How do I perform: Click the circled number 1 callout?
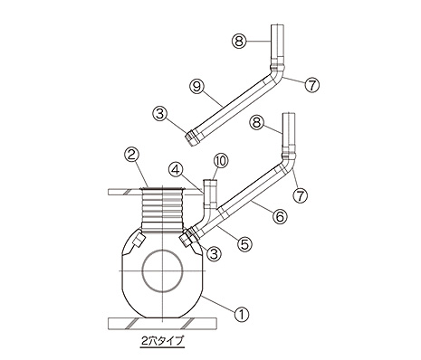242,315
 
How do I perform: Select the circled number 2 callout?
131,156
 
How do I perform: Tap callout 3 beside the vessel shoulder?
214,254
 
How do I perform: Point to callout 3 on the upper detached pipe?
160,114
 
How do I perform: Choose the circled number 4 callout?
176,169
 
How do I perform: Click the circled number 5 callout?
244,243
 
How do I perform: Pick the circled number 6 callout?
280,216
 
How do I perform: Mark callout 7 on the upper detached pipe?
311,85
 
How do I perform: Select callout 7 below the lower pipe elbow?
301,195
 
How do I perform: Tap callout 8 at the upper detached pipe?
239,41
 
